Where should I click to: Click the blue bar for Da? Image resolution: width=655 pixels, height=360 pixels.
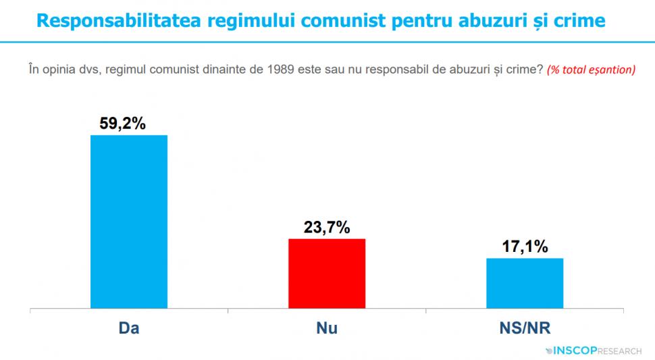point(129,222)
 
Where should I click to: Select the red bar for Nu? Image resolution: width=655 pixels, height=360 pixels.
point(327,274)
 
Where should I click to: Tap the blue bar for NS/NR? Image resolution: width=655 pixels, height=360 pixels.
point(524,283)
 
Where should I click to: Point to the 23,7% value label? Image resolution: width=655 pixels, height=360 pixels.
point(327,228)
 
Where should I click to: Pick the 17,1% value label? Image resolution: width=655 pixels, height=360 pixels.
point(524,247)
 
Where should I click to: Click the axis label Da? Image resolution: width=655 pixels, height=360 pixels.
point(129,328)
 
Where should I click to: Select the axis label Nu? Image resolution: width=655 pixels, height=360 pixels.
point(327,328)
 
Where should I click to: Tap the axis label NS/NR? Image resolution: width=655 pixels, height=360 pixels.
point(524,328)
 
